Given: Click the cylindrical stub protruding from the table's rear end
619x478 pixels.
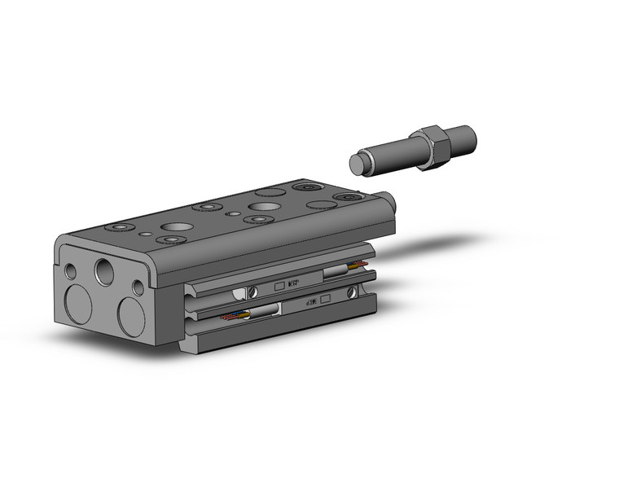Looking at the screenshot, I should tap(389, 200).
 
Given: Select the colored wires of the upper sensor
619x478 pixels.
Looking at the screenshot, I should tap(358, 266).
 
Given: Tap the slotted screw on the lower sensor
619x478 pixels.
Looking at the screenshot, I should tap(351, 292).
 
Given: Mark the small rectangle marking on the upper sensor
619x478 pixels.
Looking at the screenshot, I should tap(279, 287).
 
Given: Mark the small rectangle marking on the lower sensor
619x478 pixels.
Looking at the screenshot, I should tap(327, 299).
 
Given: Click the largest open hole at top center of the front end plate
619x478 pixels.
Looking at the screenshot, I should tap(104, 270).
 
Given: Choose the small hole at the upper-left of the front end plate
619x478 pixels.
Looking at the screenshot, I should tap(71, 270).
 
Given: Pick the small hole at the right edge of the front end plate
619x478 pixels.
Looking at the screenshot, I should tap(138, 287).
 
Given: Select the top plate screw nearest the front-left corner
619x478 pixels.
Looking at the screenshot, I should tap(121, 225).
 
